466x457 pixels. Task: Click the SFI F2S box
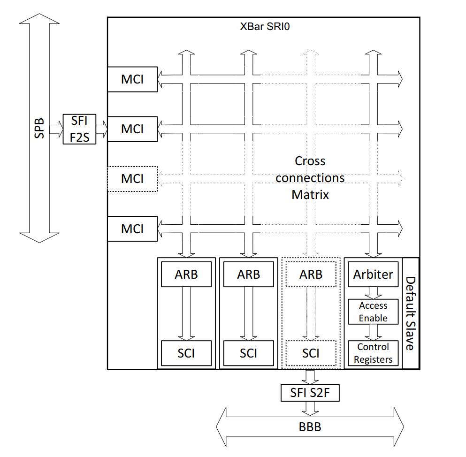coord(79,129)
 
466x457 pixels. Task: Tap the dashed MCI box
coord(132,179)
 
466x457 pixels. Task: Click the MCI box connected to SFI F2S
coord(132,129)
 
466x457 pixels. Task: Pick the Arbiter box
coord(373,274)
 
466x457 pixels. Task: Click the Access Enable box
coord(373,312)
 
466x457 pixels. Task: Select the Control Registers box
coord(373,353)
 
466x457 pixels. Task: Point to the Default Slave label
coord(410,313)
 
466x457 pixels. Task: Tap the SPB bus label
coord(39,128)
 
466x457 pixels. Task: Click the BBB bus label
coord(310,427)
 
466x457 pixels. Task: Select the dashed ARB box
coord(311,274)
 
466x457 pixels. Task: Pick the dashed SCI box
coord(311,353)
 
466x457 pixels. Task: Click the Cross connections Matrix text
coord(310,178)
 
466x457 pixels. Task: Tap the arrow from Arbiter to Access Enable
coord(373,293)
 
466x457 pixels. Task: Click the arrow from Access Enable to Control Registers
coord(373,332)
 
